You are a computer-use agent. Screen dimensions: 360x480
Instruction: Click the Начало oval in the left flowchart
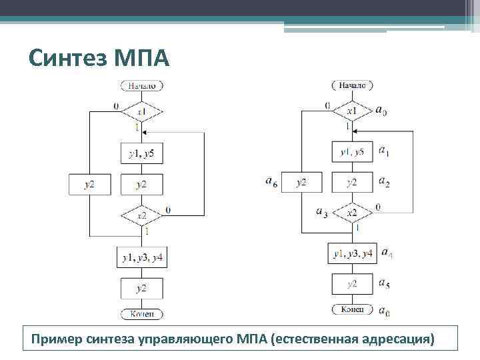(142, 85)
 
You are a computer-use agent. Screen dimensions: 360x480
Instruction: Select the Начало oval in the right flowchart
(352, 85)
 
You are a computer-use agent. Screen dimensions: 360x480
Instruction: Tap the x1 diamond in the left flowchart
(142, 111)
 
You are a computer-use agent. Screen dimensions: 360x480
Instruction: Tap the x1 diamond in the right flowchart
(352, 110)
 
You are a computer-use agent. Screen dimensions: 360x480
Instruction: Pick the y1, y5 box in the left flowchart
(141, 154)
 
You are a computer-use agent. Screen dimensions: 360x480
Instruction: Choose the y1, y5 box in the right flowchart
(353, 152)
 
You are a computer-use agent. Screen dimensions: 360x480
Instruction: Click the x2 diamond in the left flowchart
(142, 215)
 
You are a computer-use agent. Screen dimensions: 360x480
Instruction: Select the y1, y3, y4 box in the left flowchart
(142, 257)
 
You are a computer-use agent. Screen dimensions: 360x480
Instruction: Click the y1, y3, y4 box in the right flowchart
(353, 253)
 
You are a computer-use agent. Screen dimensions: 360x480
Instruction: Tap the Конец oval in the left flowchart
(142, 314)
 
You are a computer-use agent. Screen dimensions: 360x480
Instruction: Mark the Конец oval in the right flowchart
(353, 309)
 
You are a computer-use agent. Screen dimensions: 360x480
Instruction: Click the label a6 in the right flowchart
(271, 181)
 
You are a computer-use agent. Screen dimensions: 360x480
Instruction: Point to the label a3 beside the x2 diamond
(321, 213)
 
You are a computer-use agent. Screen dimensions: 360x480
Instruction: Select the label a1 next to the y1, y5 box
(384, 151)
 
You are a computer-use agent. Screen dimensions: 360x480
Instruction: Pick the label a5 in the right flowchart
(384, 284)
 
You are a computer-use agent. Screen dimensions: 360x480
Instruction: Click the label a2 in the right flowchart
(384, 181)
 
